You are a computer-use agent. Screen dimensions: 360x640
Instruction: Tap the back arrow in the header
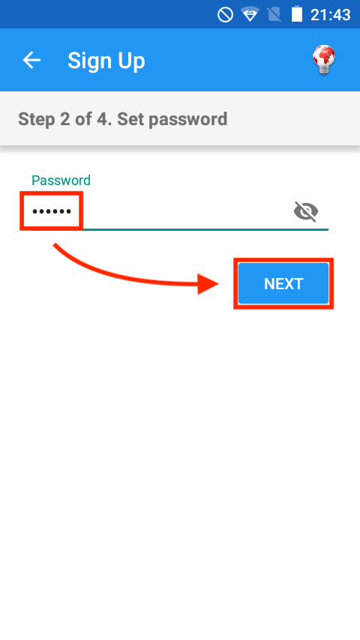[x=31, y=61]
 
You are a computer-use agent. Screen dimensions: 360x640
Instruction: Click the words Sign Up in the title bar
[x=106, y=61]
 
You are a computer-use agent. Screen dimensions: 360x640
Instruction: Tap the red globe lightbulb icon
[x=324, y=60]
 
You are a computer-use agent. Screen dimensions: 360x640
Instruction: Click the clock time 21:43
[x=330, y=15]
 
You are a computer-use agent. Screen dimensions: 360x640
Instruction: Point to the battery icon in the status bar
[x=297, y=15]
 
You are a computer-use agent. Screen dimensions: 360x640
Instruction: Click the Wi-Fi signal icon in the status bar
[x=249, y=15]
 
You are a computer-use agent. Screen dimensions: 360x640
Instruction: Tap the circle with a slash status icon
[x=225, y=15]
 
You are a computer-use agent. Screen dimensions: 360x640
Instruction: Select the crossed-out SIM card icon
[x=274, y=15]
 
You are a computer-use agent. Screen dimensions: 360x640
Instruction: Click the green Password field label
[x=61, y=180]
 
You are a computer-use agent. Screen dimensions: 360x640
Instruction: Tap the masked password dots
[x=52, y=211]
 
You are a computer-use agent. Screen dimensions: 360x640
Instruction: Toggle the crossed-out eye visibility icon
[x=306, y=211]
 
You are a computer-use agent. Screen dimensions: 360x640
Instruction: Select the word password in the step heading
[x=188, y=120]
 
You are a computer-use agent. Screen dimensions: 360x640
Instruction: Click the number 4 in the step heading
[x=104, y=119]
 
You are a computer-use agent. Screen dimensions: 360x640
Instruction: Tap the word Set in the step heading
[x=130, y=119]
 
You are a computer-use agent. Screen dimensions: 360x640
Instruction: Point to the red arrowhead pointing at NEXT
[x=208, y=284]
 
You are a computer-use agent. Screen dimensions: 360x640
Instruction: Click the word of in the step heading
[x=82, y=119]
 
